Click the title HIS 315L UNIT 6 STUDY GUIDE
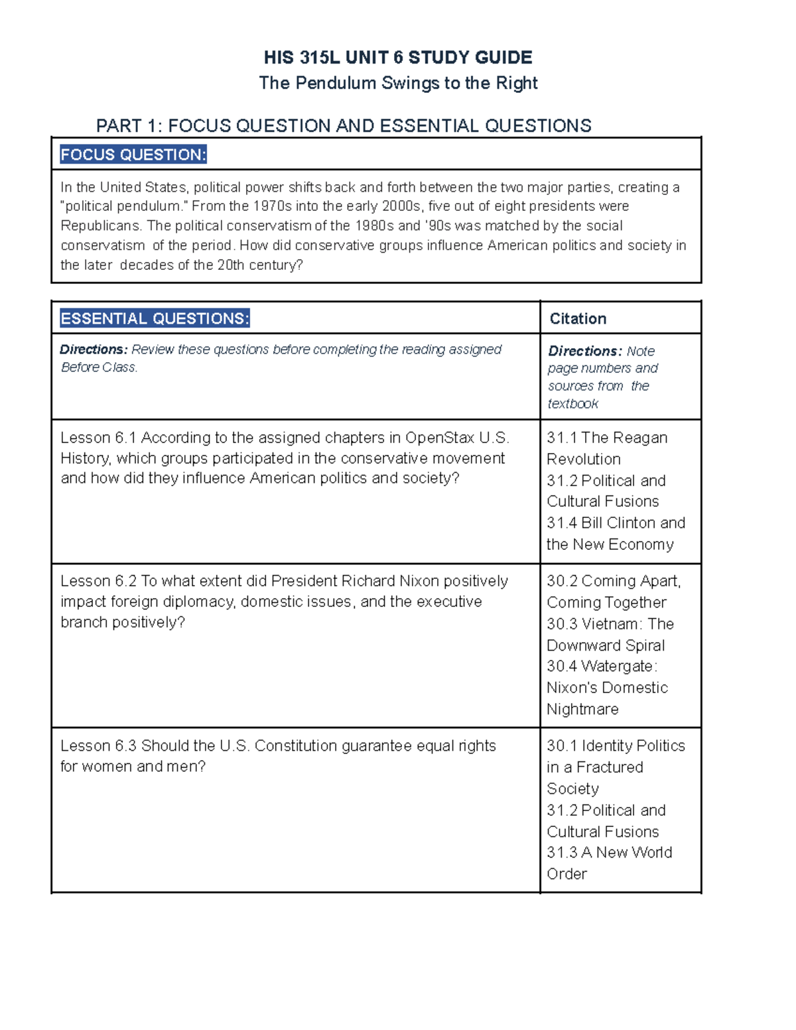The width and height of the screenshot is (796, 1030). tap(398, 58)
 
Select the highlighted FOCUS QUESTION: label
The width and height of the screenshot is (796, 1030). tap(133, 155)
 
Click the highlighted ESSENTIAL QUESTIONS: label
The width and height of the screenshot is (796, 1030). tap(155, 319)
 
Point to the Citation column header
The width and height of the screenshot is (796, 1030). tap(578, 319)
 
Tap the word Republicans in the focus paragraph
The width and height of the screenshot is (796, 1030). tap(99, 226)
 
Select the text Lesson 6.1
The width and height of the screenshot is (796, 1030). tap(98, 438)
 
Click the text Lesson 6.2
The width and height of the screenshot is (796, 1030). tap(98, 582)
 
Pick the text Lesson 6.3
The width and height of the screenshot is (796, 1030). tap(98, 746)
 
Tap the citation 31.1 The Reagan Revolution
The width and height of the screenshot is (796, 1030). tap(606, 448)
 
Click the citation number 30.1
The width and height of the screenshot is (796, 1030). tap(561, 746)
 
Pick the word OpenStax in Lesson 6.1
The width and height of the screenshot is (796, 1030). tap(439, 438)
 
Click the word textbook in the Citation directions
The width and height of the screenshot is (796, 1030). tap(573, 404)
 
